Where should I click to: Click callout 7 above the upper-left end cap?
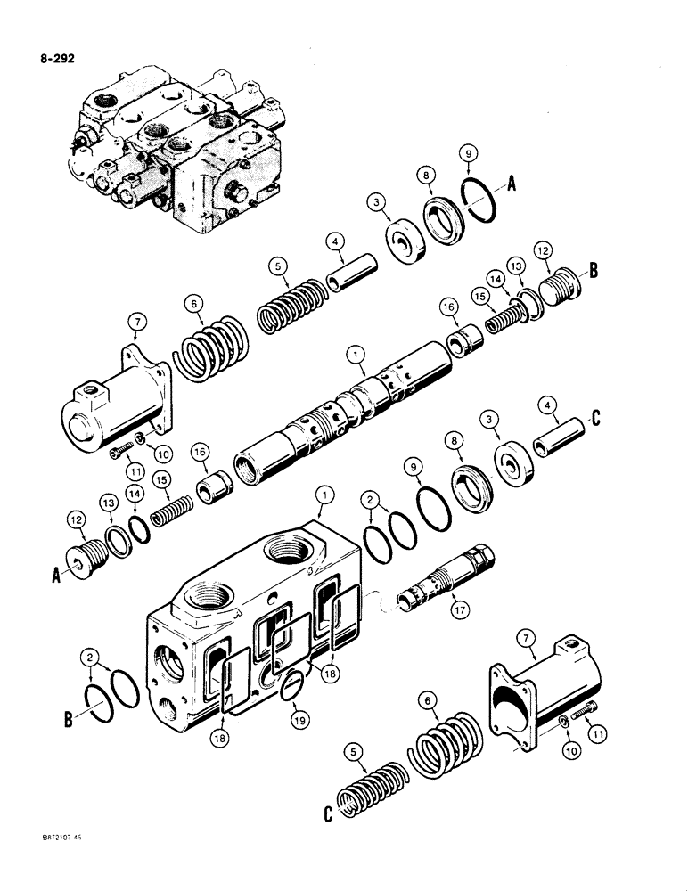(135, 320)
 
